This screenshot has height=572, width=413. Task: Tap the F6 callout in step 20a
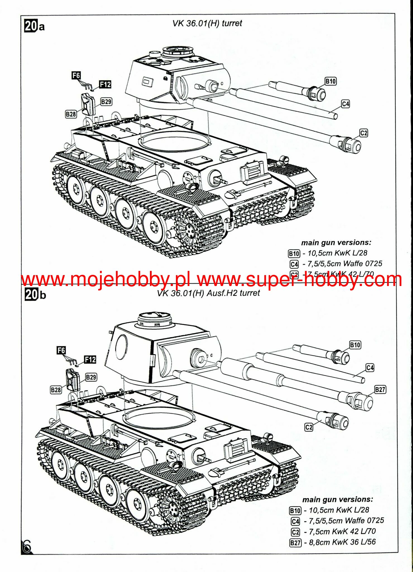pos(76,75)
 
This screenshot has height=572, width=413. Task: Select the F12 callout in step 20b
pos(90,359)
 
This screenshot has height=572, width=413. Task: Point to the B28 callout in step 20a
pos(71,114)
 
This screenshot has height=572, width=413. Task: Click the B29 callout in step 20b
pos(91,377)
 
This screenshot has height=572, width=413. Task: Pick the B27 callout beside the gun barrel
pos(380,389)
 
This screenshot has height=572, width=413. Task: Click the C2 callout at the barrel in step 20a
pos(364,133)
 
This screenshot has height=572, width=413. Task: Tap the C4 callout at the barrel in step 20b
pos(370,368)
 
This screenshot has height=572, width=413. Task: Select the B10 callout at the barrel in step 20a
pos(331,81)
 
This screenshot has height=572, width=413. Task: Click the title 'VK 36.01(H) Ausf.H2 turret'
pos(208,293)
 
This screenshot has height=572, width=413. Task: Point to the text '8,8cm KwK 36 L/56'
pos(342,542)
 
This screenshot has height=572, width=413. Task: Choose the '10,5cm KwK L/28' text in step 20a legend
pos(337,253)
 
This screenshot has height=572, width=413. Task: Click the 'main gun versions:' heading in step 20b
pos(338,499)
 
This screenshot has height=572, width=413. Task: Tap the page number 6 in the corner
pos(27,546)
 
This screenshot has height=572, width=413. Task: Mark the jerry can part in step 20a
pos(88,104)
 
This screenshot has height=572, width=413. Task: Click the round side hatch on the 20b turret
pos(121,347)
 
